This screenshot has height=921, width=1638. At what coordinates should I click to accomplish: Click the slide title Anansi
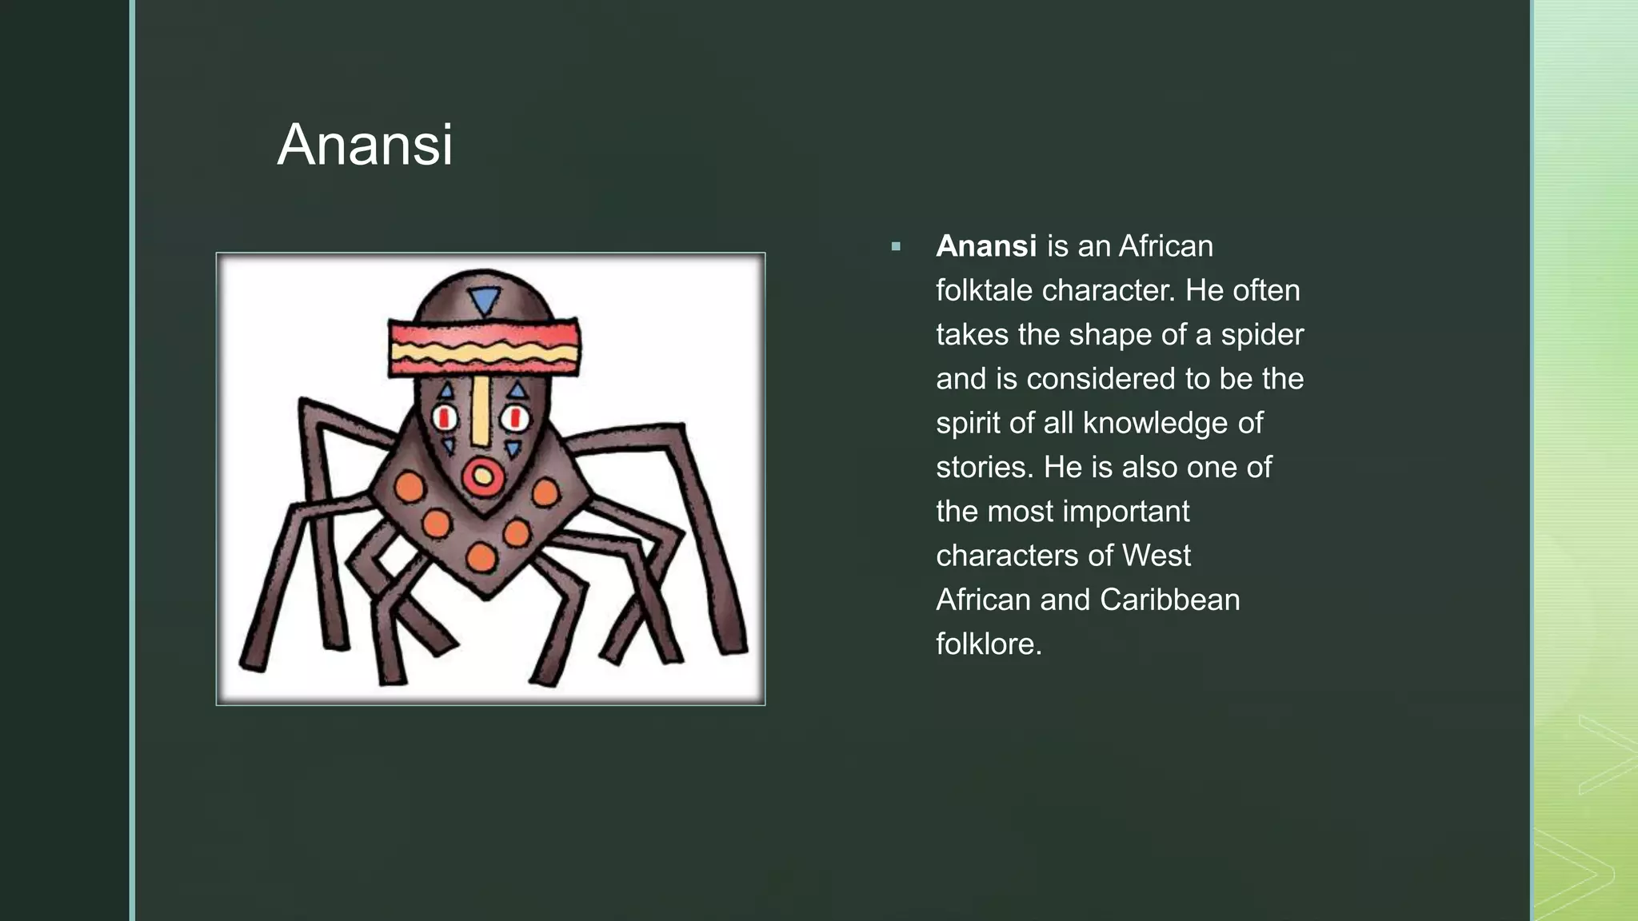[x=365, y=145]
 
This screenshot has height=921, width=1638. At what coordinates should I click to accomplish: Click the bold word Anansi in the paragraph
[x=986, y=246]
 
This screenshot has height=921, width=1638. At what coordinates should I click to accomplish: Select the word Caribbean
[x=1169, y=600]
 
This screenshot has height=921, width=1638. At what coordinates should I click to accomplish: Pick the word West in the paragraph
[x=1156, y=556]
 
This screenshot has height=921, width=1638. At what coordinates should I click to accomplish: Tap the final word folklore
[x=989, y=644]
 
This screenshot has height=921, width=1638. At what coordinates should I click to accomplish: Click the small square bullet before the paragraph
[x=896, y=247]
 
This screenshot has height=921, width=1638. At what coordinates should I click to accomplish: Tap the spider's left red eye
[x=445, y=417]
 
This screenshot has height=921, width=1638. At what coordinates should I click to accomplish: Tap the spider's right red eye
[x=515, y=417]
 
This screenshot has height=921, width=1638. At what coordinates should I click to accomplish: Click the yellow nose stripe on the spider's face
[x=481, y=412]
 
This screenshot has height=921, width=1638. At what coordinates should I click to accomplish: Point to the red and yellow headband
[x=484, y=348]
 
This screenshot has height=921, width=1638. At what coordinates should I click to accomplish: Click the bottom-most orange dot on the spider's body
[x=481, y=557]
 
